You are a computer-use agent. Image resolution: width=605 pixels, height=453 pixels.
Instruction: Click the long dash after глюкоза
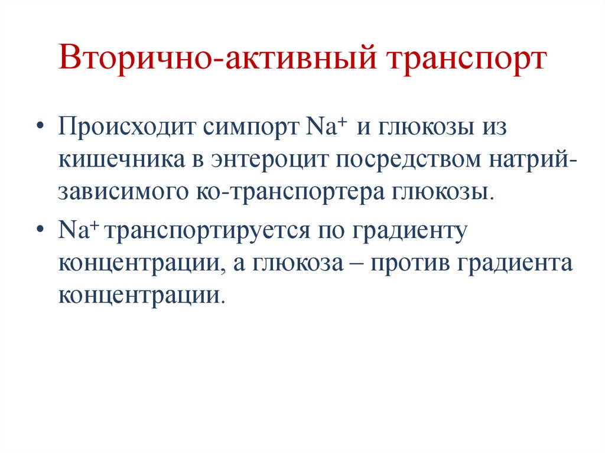pyautogui.click(x=357, y=264)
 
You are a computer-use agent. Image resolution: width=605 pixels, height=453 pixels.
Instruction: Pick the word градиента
pyautogui.click(x=513, y=263)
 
